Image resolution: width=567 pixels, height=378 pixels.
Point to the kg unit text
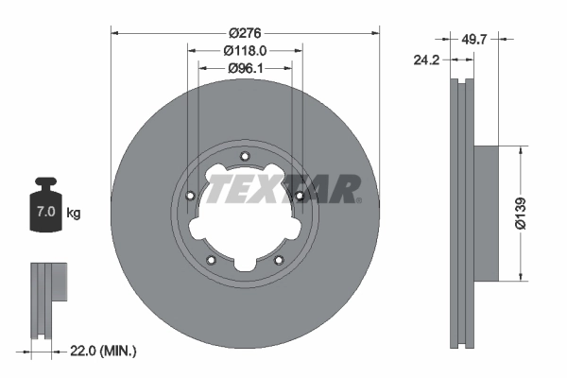coord(74,214)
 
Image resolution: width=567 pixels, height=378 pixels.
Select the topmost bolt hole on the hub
coord(245,157)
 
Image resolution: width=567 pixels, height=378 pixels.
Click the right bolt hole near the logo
coord(300,196)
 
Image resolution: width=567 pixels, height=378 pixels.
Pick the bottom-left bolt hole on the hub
coord(211,260)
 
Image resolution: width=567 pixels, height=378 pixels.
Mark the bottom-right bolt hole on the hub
coord(279,260)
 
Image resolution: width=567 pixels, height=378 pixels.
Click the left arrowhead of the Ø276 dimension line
coord(116,32)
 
